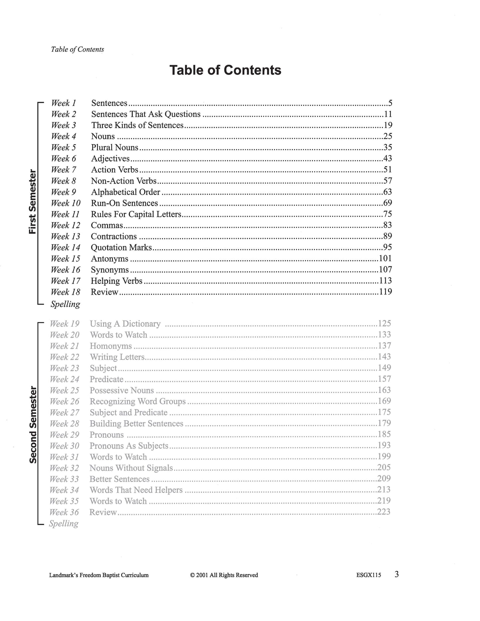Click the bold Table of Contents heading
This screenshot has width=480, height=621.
click(x=225, y=70)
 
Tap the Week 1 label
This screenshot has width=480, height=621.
click(x=63, y=103)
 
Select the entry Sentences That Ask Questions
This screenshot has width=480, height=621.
click(x=146, y=114)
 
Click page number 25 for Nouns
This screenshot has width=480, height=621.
click(x=387, y=136)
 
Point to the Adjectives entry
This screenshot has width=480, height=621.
click(x=110, y=159)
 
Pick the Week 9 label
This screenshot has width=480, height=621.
click(x=63, y=192)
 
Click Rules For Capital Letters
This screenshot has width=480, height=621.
click(x=136, y=214)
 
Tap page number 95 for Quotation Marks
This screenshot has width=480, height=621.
click(x=387, y=247)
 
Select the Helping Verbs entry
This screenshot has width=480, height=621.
click(x=117, y=281)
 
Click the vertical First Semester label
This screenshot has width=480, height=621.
click(x=33, y=202)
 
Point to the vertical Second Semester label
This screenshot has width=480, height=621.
click(x=33, y=424)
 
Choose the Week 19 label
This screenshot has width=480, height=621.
click(x=64, y=324)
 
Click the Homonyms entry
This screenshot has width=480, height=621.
click(x=111, y=346)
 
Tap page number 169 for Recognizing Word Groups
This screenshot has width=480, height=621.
click(x=384, y=401)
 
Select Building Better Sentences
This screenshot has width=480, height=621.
click(x=137, y=424)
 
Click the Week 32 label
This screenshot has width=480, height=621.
click(x=64, y=468)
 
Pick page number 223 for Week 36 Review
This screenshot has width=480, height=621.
click(x=384, y=512)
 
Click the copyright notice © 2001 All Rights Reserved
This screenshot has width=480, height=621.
click(x=224, y=575)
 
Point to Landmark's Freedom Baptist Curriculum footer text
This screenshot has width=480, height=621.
click(x=99, y=575)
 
